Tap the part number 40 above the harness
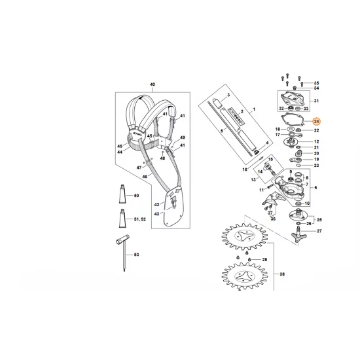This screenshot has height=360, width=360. pos(153,86)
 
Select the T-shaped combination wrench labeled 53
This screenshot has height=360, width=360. pos(122,255)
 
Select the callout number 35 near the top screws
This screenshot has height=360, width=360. pos(315,82)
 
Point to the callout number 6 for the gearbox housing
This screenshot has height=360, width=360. pos(315,187)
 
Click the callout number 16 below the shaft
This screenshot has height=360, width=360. pos(244,169)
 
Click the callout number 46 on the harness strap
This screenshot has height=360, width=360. pos(150,136)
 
